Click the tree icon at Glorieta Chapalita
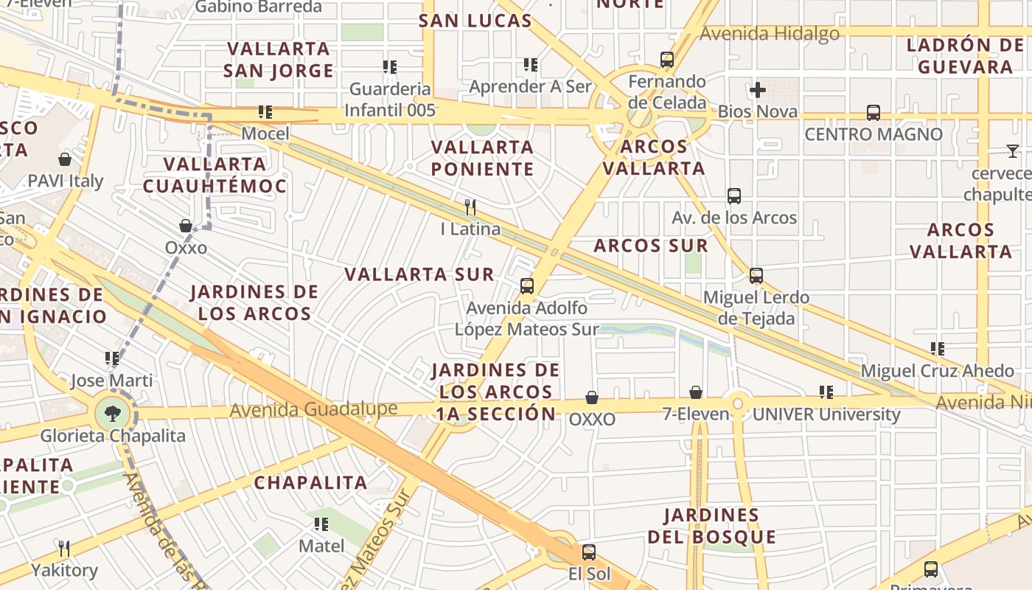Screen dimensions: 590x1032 click(x=112, y=413)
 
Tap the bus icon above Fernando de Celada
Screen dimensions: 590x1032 click(x=667, y=60)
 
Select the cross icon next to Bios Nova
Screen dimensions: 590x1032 click(x=757, y=91)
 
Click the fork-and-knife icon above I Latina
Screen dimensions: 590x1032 click(x=470, y=206)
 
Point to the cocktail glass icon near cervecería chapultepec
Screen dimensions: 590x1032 click(x=1013, y=151)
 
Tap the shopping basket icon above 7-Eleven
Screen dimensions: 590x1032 click(x=695, y=392)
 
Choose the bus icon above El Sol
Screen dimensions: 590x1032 click(x=588, y=552)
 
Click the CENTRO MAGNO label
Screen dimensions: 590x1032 click(x=873, y=134)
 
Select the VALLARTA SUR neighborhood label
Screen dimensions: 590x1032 click(x=419, y=274)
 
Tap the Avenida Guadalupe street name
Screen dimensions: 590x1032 click(x=303, y=409)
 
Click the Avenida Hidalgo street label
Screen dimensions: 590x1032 click(x=769, y=34)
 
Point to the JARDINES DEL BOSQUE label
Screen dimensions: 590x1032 click(x=711, y=526)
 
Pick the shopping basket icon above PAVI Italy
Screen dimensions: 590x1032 click(x=65, y=159)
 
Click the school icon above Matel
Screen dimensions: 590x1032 click(x=321, y=524)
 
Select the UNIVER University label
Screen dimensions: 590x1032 click(x=826, y=414)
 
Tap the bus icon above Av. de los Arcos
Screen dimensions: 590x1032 click(x=734, y=196)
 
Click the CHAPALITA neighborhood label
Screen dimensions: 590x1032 click(x=310, y=483)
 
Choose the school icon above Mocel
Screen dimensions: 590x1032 click(x=265, y=112)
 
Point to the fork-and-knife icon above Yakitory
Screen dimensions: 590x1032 click(x=64, y=548)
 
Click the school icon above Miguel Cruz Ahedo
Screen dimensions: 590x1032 click(x=938, y=348)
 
